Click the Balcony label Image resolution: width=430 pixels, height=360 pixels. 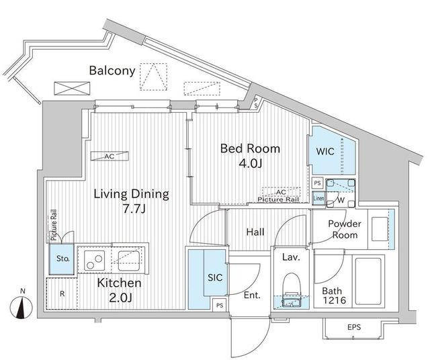[112, 71]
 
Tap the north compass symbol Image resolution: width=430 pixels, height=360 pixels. [21, 306]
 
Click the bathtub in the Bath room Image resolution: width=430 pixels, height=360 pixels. [368, 281]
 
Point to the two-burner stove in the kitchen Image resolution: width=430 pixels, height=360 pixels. [94, 259]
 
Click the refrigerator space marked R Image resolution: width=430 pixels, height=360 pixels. [62, 294]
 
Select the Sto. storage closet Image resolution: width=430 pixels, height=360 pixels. [62, 259]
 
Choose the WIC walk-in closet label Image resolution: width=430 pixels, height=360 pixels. [325, 151]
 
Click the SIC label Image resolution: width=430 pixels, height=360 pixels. [215, 277]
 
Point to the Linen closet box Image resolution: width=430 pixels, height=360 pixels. [318, 198]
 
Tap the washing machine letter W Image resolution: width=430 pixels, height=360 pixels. [341, 200]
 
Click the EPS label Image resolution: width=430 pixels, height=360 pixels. [354, 327]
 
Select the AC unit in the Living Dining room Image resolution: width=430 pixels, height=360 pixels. [110, 156]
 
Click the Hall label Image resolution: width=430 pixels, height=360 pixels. [255, 232]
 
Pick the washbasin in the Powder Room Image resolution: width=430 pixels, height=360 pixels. [380, 229]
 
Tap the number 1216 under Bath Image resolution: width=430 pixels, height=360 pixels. [335, 300]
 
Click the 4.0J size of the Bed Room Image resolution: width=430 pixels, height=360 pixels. [251, 163]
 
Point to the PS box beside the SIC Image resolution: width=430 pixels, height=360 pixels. [220, 305]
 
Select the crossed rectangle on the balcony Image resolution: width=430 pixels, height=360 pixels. [72, 89]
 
